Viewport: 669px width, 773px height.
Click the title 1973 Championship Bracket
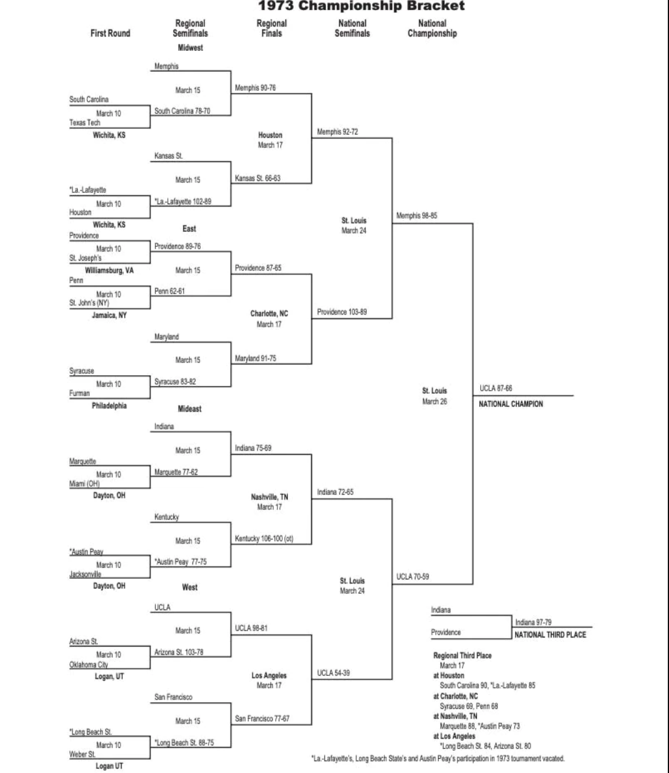coord(361,7)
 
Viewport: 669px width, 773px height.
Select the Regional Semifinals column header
coord(190,28)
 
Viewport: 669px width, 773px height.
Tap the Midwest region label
coord(190,48)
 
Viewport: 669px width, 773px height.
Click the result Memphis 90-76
coord(255,88)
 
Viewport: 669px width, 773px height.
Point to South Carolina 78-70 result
coord(182,111)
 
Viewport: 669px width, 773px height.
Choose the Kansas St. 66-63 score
coord(257,178)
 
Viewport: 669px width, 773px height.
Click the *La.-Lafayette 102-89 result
coord(183,201)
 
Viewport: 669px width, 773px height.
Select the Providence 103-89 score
coord(342,312)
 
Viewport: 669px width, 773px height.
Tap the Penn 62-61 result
coord(170,291)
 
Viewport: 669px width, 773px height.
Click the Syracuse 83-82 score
coord(175,382)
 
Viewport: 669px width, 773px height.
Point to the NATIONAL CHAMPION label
coord(511,404)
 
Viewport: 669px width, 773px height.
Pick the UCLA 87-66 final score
coord(496,388)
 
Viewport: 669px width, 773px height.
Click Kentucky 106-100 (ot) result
coord(264,539)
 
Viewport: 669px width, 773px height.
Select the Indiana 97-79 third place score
coord(534,623)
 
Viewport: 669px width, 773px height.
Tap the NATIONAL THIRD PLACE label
coord(550,635)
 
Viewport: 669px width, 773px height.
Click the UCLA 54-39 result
coord(333,673)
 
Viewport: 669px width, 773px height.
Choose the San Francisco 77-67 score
coord(262,718)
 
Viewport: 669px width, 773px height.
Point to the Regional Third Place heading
coord(462,656)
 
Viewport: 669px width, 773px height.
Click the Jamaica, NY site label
coord(109,315)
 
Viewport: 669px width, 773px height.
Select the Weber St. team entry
coord(82,754)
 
